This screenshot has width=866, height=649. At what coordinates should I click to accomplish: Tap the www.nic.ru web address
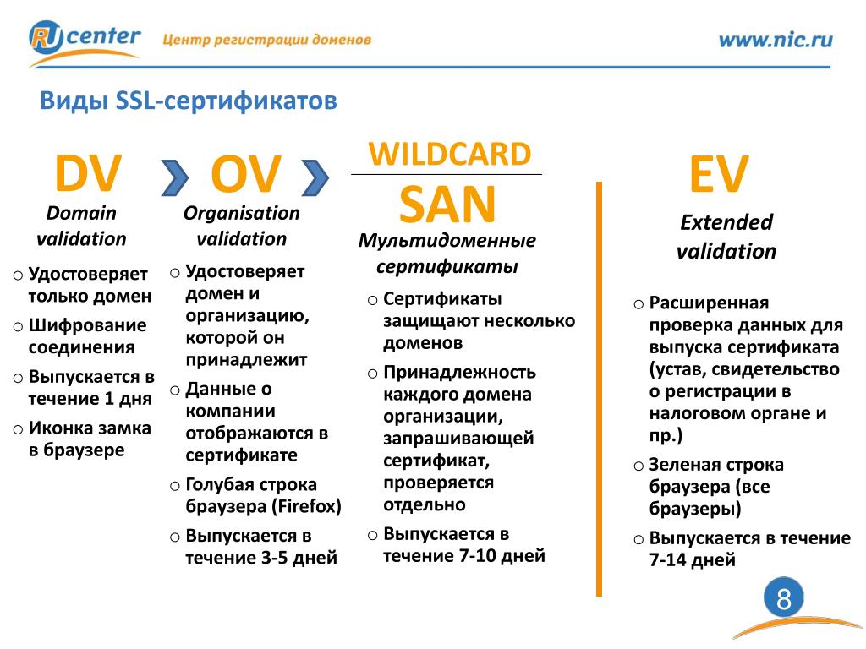point(776,41)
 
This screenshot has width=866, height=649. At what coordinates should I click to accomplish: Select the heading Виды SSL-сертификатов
point(189,101)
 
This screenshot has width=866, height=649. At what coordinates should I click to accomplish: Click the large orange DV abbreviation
point(88,173)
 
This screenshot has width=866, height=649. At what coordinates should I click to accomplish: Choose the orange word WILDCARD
point(450,154)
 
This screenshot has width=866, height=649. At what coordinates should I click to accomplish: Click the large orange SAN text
point(447,205)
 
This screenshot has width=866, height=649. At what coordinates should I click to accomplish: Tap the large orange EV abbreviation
point(719,174)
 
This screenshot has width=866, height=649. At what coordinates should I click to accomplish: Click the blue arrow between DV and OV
point(175,177)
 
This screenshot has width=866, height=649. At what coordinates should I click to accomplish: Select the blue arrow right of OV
point(315,177)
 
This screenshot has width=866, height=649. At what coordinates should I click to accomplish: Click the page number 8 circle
point(784,598)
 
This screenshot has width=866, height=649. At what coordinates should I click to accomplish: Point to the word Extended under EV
point(726,222)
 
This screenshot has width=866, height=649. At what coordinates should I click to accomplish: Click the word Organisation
point(241,213)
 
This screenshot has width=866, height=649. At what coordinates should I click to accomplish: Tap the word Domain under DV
point(81,212)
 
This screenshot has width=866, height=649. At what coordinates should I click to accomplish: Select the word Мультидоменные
point(447,241)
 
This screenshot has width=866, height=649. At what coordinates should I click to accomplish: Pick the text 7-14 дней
point(692,560)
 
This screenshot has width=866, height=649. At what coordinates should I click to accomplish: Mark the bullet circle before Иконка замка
point(19,429)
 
